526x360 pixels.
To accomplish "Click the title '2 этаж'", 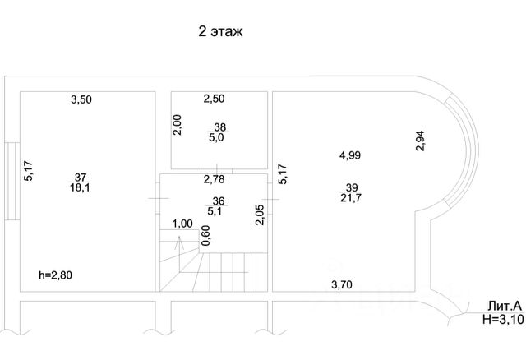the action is pos(221,32).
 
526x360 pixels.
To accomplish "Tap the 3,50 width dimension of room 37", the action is pos(81,99).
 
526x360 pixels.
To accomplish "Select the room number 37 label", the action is pos(81,177).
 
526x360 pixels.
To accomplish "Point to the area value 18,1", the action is pos(81,187).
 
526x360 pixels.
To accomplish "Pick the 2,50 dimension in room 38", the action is pos(214,99).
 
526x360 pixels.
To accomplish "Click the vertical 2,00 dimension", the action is pos(177,125).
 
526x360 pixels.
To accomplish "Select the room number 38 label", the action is pos(220,127).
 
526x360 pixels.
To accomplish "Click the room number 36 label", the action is pos(219,201).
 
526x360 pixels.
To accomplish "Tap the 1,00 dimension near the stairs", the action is pos(182,224).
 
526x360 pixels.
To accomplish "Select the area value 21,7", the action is pos(350,198).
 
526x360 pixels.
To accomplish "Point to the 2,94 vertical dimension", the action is pos(420,141).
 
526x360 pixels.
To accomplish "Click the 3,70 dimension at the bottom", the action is pos(343,285).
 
